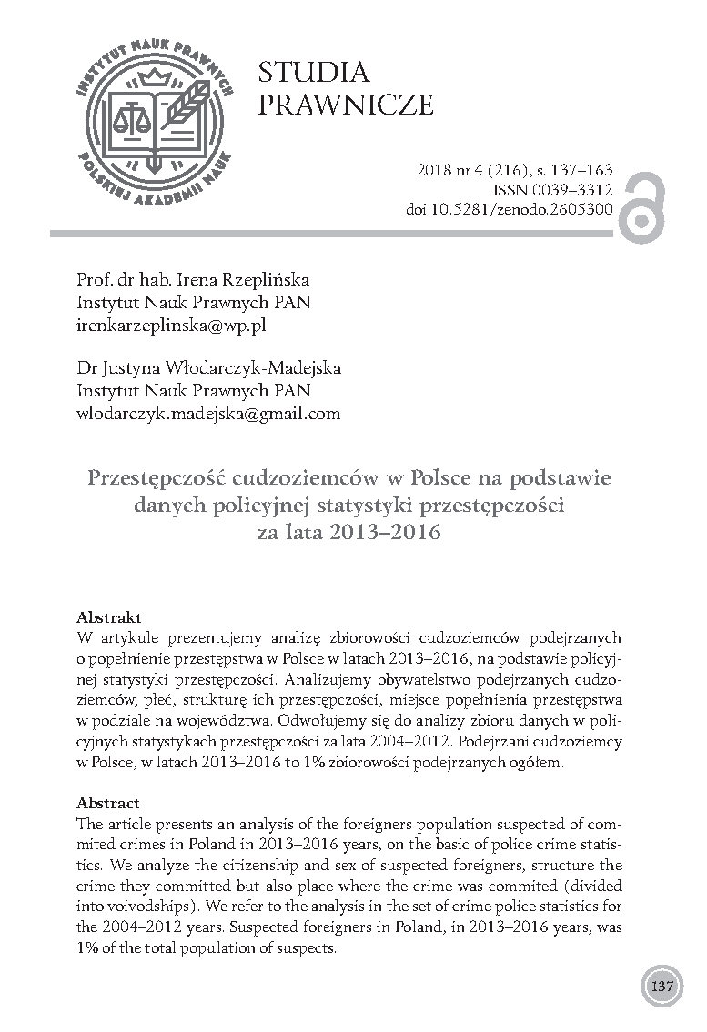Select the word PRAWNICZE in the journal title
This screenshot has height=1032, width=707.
(x=346, y=105)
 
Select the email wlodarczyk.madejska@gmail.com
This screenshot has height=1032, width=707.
(x=197, y=413)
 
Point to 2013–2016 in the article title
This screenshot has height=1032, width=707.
(x=396, y=532)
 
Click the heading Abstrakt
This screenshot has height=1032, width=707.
(x=108, y=616)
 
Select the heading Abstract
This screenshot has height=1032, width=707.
(x=108, y=803)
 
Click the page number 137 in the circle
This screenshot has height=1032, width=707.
(x=662, y=987)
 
